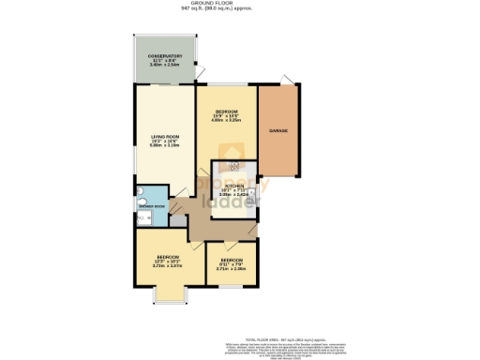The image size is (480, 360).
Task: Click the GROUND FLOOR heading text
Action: pyautogui.click(x=239, y=3)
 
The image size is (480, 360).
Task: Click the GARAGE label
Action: pyautogui.click(x=278, y=130)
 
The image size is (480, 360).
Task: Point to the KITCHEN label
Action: pyautogui.click(x=231, y=186)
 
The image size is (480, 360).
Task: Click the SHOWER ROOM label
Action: pyautogui.click(x=153, y=206)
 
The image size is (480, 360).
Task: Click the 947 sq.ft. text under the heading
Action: pyautogui.click(x=239, y=10)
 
